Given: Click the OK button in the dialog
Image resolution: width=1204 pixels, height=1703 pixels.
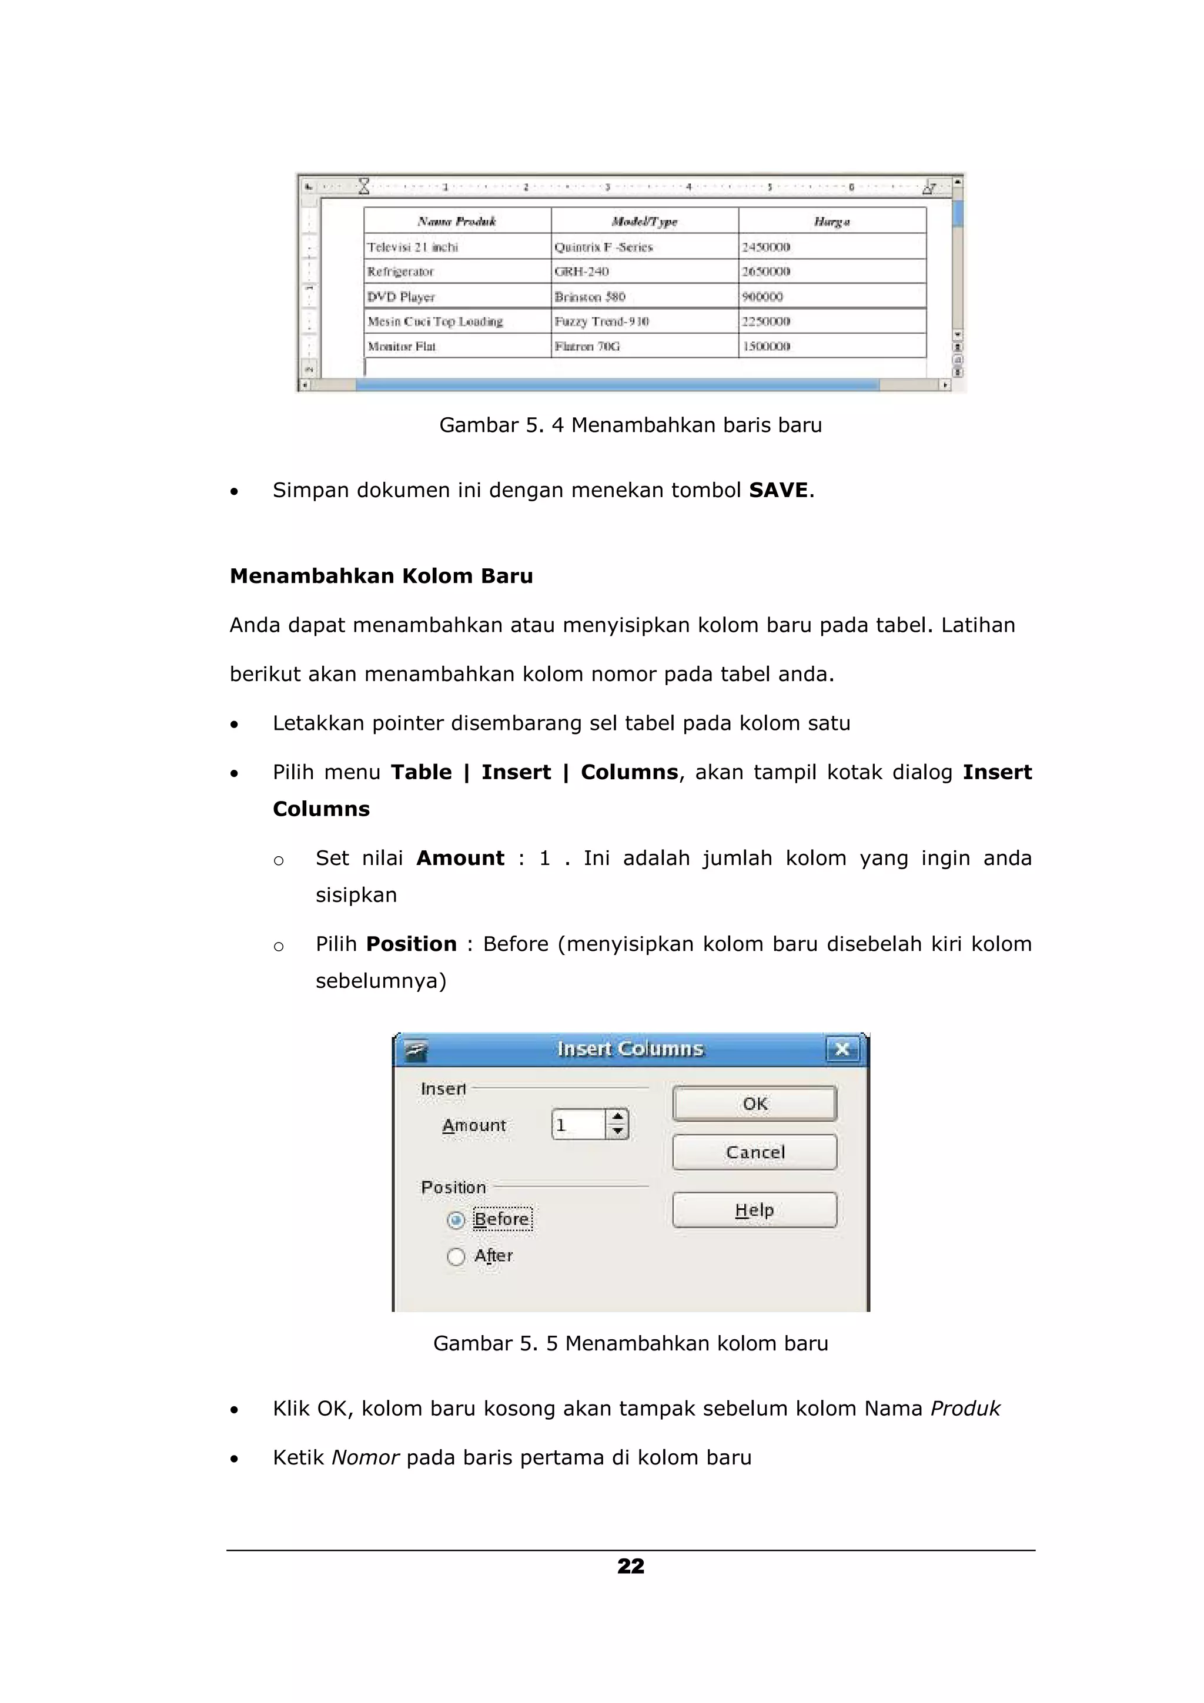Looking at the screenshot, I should (754, 1103).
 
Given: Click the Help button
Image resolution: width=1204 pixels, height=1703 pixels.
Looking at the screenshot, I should (754, 1210).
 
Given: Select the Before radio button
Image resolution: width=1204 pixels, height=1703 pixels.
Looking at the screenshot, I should (456, 1219).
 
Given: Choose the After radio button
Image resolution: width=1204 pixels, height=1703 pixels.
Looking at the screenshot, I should (456, 1256).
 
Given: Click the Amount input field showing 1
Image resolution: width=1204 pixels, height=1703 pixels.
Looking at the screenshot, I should (578, 1124).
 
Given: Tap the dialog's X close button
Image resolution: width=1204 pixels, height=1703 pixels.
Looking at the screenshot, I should (841, 1049).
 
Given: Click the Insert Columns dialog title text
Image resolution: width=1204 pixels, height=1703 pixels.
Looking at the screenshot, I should (630, 1049).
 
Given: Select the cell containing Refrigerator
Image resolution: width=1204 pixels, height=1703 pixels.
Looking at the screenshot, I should (400, 271).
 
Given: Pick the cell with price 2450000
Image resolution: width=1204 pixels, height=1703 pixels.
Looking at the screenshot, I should (767, 247).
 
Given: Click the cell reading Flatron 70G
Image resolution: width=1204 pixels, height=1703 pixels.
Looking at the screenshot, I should (587, 346).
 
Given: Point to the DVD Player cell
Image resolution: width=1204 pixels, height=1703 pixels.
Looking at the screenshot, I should (402, 297).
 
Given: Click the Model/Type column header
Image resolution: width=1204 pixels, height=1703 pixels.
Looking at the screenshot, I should (644, 221).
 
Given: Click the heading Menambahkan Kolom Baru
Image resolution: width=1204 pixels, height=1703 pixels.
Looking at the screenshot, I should (382, 576).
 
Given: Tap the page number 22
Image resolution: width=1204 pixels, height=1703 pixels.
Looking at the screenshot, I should (631, 1565).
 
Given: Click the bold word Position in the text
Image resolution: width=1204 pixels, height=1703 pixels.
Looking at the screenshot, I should (411, 944).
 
